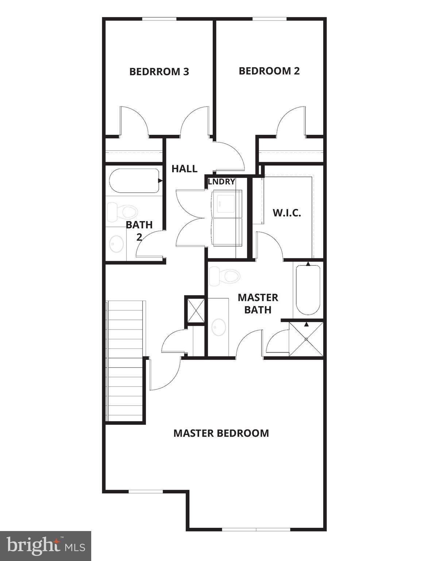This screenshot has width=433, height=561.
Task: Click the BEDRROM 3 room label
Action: [159, 71]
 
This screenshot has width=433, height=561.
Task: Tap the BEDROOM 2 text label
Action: [269, 71]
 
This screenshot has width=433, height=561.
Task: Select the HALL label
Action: [184, 169]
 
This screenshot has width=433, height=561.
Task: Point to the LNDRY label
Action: [221, 182]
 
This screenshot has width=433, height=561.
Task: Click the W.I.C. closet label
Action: [287, 213]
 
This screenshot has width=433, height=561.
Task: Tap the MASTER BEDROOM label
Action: [221, 433]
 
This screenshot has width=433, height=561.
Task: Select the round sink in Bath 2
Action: [117, 244]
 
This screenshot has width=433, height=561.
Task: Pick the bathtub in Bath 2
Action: [134, 180]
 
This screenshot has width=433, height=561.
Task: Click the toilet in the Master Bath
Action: [225, 276]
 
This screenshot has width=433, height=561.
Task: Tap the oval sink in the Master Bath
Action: [219, 327]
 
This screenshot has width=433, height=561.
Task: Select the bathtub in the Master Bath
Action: [308, 290]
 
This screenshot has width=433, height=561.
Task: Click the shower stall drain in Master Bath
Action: [306, 339]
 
